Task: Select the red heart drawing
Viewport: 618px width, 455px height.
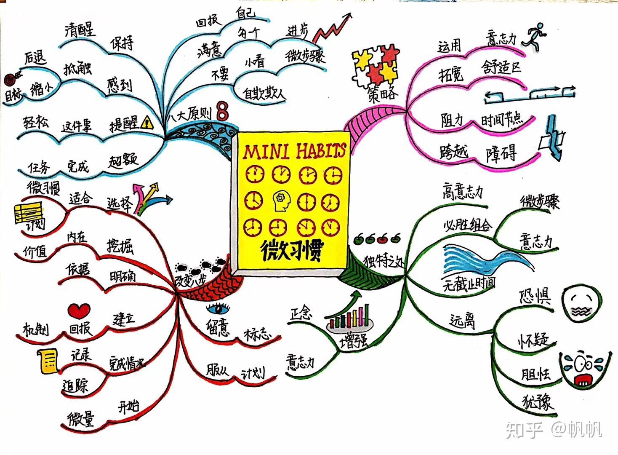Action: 79,311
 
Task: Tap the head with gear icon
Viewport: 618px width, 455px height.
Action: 281,201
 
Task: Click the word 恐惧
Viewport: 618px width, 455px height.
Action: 534,296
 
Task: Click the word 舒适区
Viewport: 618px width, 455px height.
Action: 502,67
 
